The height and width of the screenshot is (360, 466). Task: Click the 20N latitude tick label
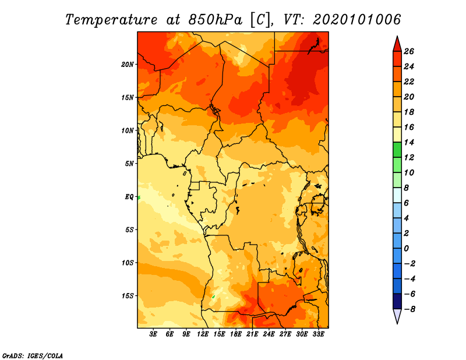pyautogui.click(x=127, y=64)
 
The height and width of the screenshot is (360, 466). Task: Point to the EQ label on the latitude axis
pyautogui.click(x=129, y=197)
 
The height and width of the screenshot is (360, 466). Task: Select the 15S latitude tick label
pyautogui.click(x=128, y=296)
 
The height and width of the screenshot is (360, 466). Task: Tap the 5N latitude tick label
pyautogui.click(x=129, y=164)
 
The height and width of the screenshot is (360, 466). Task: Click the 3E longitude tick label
pyautogui.click(x=153, y=334)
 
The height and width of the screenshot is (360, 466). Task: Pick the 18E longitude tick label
pyautogui.click(x=236, y=334)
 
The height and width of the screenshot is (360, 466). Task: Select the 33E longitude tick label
pyautogui.click(x=318, y=334)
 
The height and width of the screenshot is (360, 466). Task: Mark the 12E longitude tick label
pyautogui.click(x=203, y=334)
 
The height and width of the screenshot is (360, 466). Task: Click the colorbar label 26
pyautogui.click(x=409, y=51)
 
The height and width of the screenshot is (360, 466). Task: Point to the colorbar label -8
pyautogui.click(x=409, y=309)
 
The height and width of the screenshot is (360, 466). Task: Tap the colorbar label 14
pyautogui.click(x=409, y=142)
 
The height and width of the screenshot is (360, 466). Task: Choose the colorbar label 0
pyautogui.click(x=406, y=248)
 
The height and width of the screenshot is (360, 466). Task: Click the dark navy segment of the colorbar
pyautogui.click(x=397, y=301)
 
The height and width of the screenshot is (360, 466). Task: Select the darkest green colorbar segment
pyautogui.click(x=397, y=150)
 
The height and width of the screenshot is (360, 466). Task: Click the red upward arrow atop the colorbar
pyautogui.click(x=397, y=44)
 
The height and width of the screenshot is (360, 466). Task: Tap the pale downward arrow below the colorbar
pyautogui.click(x=397, y=316)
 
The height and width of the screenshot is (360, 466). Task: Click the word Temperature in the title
pyautogui.click(x=111, y=20)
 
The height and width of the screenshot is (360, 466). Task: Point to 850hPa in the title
pyautogui.click(x=215, y=20)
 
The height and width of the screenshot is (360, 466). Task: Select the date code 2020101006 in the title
pyautogui.click(x=357, y=20)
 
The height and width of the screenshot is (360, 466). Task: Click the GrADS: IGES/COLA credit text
pyautogui.click(x=33, y=356)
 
